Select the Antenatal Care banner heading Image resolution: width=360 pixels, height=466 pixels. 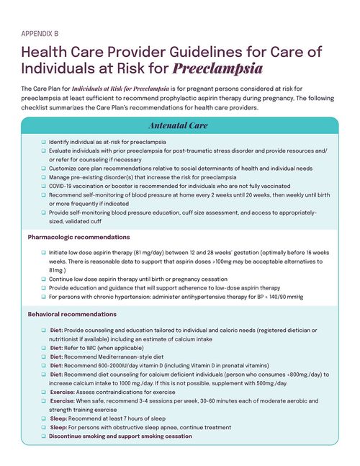(178, 125)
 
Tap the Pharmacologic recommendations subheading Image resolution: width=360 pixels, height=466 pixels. (78, 237)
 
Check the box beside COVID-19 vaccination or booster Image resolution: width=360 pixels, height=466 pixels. (43, 185)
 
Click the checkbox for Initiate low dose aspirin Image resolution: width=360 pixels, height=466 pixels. (43, 254)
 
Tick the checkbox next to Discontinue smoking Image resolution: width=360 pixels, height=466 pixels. (43, 436)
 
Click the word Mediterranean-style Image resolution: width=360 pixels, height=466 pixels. (133, 356)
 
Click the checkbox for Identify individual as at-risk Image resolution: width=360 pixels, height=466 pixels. (43, 142)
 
